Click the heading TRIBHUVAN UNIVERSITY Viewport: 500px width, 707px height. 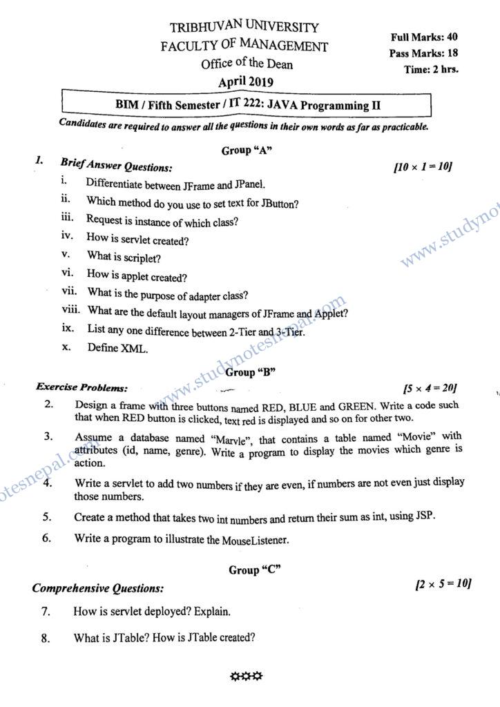(244, 29)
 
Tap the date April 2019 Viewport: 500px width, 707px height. (246, 82)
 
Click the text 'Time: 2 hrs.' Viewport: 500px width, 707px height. (431, 69)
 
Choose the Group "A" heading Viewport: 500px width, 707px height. (244, 151)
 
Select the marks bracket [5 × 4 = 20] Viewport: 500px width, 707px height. (429, 388)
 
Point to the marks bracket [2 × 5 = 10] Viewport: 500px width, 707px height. (443, 585)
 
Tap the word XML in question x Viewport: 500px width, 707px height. (135, 348)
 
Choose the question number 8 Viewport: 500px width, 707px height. (46, 639)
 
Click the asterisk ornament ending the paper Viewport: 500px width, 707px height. (246, 676)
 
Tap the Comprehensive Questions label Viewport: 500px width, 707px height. (98, 589)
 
